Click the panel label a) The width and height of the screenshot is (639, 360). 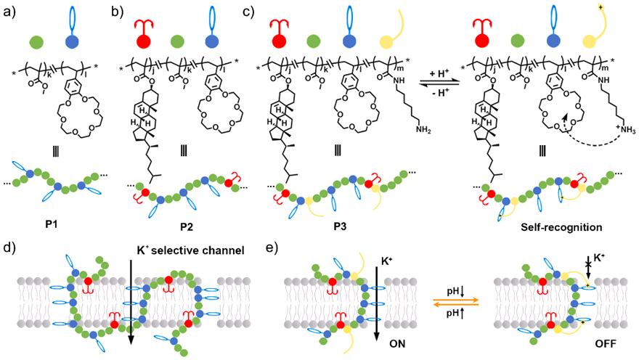[x=12, y=11]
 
